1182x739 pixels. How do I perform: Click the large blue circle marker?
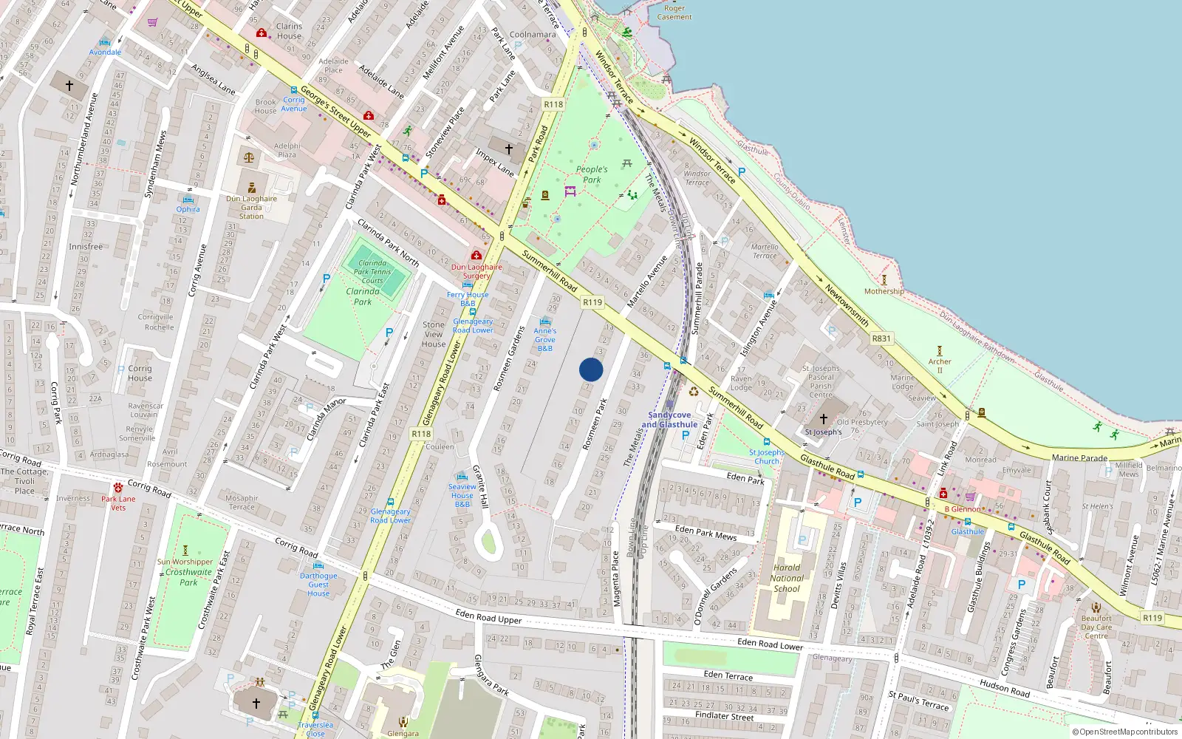tap(591, 369)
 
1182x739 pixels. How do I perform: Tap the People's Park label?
tap(592, 174)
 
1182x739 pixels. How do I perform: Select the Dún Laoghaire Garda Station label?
tap(251, 207)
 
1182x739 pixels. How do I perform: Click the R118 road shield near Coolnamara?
tap(553, 104)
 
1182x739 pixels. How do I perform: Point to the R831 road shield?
tap(881, 338)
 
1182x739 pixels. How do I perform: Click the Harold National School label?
tap(787, 579)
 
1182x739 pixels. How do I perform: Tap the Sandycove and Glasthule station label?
tap(669, 420)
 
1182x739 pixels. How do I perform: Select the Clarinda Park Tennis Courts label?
tap(372, 271)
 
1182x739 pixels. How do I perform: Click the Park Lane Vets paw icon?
tap(118, 488)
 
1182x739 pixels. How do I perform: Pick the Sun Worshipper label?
tap(185, 562)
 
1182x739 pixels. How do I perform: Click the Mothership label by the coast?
tap(884, 291)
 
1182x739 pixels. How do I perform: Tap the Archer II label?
tap(940, 365)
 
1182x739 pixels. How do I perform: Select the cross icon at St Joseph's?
tap(823, 419)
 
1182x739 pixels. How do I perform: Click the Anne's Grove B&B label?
tap(545, 339)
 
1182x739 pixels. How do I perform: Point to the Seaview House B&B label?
tap(462, 495)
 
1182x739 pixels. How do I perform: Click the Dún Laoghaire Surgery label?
tap(476, 271)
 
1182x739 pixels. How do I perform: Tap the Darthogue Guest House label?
tap(318, 584)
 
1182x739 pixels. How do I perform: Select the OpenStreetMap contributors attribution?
tap(1125, 732)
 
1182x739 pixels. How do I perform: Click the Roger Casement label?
tap(674, 13)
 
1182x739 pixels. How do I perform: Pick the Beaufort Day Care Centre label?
tap(1096, 627)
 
